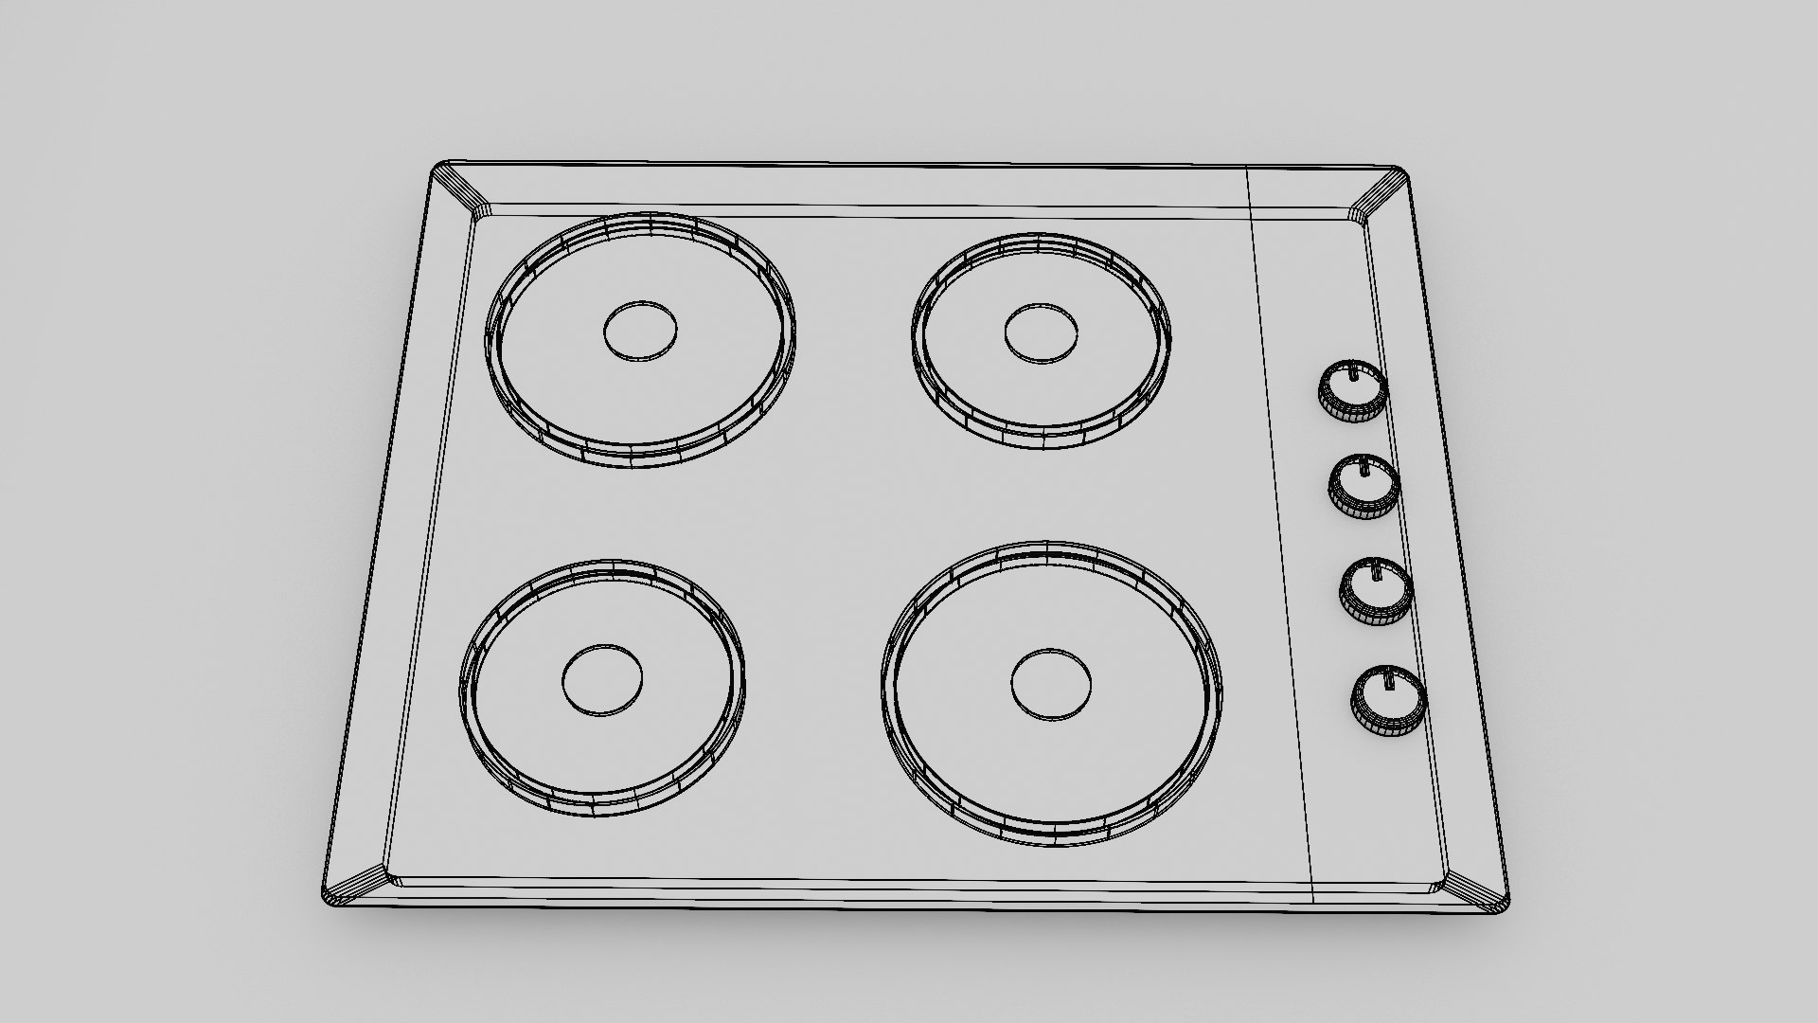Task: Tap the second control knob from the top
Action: point(1363,486)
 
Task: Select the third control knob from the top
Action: point(1375,591)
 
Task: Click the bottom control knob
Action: point(1388,700)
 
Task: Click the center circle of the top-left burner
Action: point(641,331)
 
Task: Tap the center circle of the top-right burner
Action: point(1042,333)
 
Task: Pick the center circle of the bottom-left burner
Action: point(602,681)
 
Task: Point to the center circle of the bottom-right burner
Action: point(1051,684)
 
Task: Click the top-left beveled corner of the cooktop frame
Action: point(459,190)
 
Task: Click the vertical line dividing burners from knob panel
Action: point(1280,530)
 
